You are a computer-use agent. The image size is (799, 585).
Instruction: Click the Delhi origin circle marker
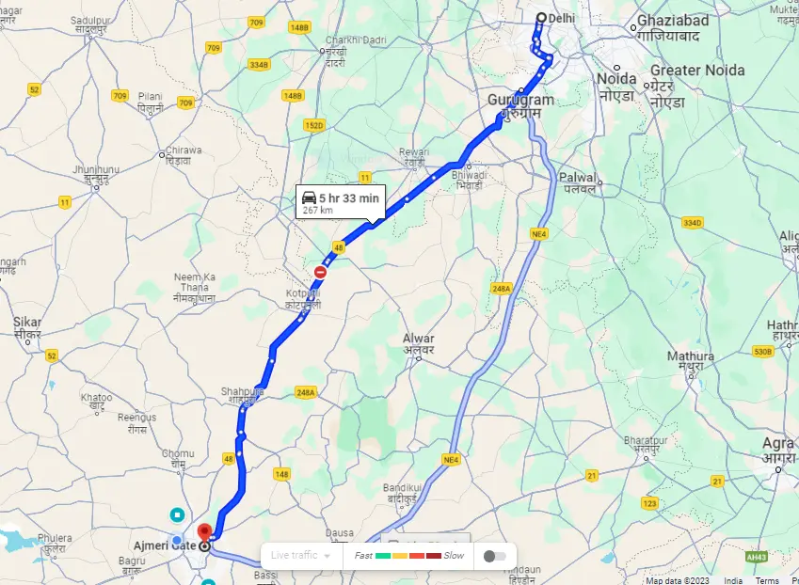pyautogui.click(x=541, y=18)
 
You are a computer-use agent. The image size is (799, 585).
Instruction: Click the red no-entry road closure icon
pyautogui.click(x=321, y=272)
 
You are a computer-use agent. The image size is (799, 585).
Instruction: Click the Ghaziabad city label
pyautogui.click(x=667, y=21)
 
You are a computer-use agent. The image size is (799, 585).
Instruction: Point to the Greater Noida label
pyautogui.click(x=697, y=71)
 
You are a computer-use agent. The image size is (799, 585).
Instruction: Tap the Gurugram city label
pyautogui.click(x=520, y=100)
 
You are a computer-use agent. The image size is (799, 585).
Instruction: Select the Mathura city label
pyautogui.click(x=691, y=356)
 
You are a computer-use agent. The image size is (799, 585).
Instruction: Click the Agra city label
pyautogui.click(x=778, y=443)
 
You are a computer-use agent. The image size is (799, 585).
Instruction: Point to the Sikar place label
pyautogui.click(x=27, y=323)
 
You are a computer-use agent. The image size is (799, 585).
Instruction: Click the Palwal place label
pyautogui.click(x=578, y=177)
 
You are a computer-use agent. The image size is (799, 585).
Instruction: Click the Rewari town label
pyautogui.click(x=413, y=151)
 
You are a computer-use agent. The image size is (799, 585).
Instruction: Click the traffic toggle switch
pyautogui.click(x=494, y=556)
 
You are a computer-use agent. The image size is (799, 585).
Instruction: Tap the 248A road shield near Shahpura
pyautogui.click(x=305, y=392)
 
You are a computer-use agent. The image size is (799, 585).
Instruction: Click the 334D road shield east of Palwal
pyautogui.click(x=692, y=223)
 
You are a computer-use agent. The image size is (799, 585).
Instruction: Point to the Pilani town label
pyautogui.click(x=150, y=96)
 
